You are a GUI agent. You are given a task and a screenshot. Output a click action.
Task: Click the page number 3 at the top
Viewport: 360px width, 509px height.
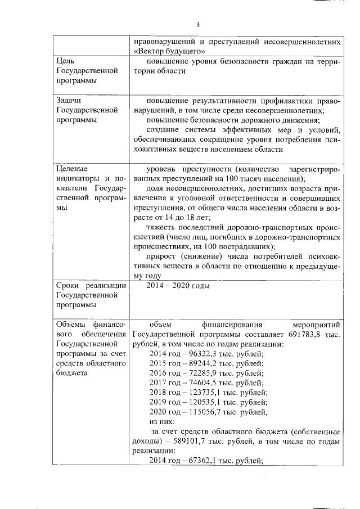[x=198, y=25]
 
